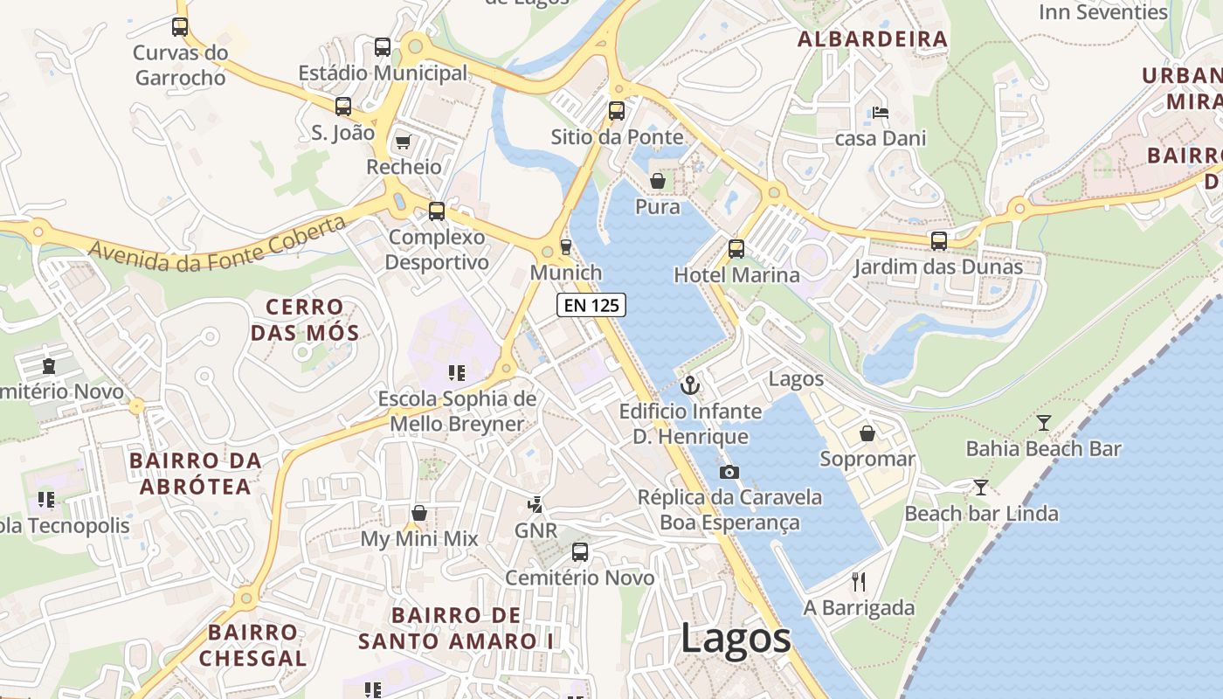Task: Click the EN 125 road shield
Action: [x=591, y=305]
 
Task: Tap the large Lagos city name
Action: [x=736, y=639]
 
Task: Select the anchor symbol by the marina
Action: [x=690, y=384]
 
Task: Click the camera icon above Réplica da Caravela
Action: [x=729, y=472]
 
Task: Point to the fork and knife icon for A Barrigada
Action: [x=859, y=582]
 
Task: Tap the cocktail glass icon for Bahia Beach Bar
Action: [x=1043, y=423]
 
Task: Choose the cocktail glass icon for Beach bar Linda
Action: [x=981, y=487]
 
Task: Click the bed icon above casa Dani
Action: [x=881, y=113]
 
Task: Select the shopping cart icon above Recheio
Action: [x=403, y=142]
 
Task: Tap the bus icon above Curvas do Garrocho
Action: [x=180, y=26]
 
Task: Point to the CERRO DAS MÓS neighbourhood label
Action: [x=305, y=320]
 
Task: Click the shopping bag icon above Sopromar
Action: [x=867, y=433]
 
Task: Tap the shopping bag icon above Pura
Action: [x=657, y=181]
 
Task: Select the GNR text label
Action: [x=535, y=530]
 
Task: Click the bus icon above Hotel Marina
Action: [x=736, y=249]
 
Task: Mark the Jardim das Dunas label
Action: [x=938, y=266]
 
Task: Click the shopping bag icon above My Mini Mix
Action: [x=419, y=513]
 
